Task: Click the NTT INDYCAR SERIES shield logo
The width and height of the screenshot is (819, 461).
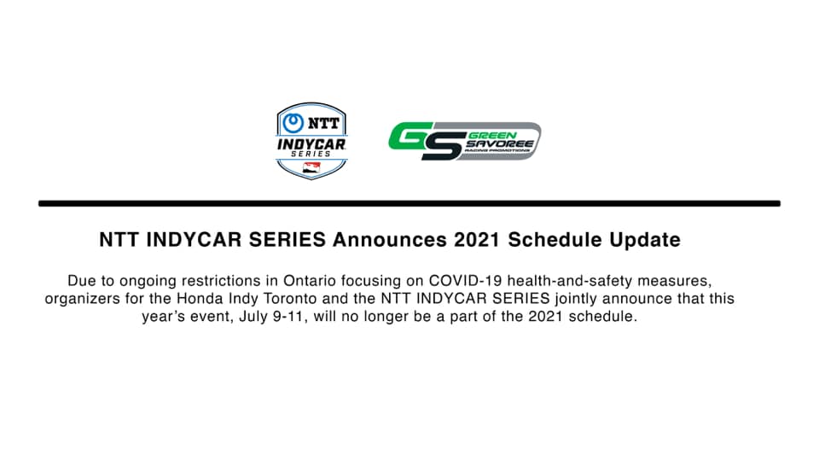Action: point(311,141)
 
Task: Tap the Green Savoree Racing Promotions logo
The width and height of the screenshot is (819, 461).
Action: point(464,141)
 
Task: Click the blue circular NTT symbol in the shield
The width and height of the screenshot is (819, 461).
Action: point(293,123)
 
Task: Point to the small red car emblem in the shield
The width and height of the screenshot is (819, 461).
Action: point(312,168)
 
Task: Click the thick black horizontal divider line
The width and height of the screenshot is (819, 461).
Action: point(409,203)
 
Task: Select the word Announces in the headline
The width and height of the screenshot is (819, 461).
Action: point(390,240)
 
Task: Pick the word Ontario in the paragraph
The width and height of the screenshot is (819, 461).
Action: point(309,281)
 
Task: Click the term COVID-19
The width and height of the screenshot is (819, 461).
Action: point(466,281)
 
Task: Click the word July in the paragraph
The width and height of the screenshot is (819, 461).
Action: point(253,316)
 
